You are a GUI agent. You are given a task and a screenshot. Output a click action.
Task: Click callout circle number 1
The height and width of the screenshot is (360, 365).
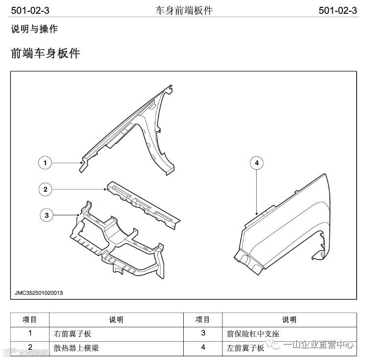45,163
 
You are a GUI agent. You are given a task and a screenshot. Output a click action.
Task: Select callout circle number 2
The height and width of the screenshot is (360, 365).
45,189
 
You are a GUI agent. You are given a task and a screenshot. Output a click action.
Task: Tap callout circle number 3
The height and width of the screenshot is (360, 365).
47,215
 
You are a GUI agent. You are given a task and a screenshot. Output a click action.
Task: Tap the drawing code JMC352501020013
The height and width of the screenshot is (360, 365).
39,293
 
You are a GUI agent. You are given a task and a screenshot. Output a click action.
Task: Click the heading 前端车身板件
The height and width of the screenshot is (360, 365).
45,53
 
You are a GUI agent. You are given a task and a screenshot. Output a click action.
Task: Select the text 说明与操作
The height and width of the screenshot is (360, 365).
34,29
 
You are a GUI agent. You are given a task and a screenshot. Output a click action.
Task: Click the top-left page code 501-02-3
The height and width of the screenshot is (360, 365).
30,10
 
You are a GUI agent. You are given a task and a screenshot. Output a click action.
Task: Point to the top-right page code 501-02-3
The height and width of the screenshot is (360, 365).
337,10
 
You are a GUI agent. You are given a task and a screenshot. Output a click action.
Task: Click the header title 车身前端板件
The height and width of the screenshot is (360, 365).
184,10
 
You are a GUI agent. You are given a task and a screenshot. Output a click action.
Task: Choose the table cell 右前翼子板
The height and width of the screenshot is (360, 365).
73,334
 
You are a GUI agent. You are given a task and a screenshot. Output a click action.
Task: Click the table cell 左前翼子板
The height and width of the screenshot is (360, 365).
244,348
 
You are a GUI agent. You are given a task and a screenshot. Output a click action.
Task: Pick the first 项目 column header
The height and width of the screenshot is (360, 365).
30,320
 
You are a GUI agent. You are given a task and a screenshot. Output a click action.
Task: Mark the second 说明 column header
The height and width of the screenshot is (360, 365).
289,320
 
